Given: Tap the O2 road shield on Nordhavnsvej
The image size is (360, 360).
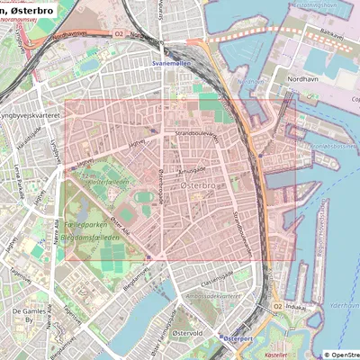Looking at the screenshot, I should pyautogui.click(x=118, y=34).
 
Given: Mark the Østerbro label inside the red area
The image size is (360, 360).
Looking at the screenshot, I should pyautogui.click(x=197, y=183).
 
